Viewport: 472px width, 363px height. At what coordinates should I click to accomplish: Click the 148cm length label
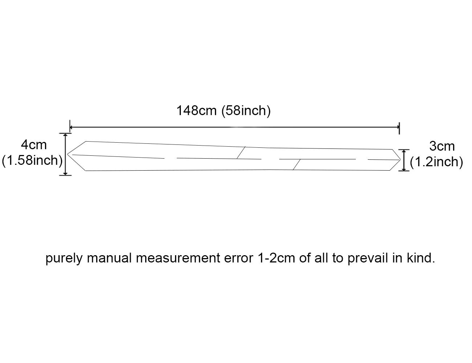coord(196,110)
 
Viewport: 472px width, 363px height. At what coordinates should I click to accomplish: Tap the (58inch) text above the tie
coord(246,111)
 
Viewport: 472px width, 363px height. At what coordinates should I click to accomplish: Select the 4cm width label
coord(34,145)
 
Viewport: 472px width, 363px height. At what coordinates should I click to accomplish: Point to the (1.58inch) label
coord(32,161)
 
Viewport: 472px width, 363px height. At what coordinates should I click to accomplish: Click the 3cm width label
coord(442,146)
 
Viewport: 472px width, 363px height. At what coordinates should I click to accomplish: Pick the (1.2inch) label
coord(436,162)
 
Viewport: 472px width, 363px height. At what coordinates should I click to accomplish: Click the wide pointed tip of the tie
coord(67,154)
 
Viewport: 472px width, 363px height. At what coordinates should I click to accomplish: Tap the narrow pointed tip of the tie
coord(400,160)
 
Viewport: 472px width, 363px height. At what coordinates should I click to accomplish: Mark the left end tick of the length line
coord(70,126)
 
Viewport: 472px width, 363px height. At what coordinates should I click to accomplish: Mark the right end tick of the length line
coord(399,128)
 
